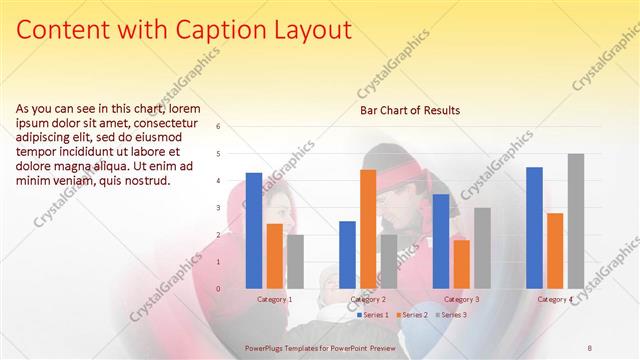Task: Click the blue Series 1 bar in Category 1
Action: pos(254,231)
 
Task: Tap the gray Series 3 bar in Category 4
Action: pos(576,221)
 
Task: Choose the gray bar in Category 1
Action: pos(295,262)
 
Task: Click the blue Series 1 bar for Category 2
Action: pos(347,255)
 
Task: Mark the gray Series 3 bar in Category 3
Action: pos(482,248)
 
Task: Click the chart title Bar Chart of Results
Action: pos(410,110)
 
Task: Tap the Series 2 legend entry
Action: pos(412,315)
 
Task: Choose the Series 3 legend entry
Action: pos(451,315)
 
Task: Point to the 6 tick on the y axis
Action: pos(231,127)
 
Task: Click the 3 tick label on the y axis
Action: pos(231,208)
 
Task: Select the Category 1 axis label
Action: pos(275,299)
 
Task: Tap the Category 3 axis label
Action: pos(461,299)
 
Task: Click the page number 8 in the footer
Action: pos(589,346)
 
